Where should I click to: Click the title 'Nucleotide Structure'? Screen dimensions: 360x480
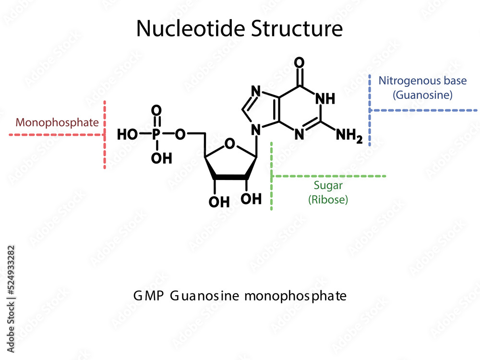(x=240, y=29)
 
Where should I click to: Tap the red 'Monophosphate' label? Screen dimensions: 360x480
(x=57, y=122)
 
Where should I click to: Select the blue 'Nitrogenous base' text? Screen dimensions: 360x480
(x=422, y=81)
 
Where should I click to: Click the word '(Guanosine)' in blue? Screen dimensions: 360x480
(x=422, y=95)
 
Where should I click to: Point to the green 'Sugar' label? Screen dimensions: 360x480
(x=328, y=185)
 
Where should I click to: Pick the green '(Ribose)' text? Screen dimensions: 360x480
(x=328, y=200)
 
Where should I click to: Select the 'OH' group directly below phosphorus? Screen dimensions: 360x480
(x=161, y=158)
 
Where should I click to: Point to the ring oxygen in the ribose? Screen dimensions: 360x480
(x=230, y=144)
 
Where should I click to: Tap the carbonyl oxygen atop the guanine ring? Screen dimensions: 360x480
(x=300, y=63)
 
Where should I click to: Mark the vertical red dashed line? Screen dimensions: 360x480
(x=105, y=135)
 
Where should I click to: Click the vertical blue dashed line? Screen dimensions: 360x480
(x=370, y=110)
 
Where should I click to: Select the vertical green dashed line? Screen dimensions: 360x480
(x=272, y=176)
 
